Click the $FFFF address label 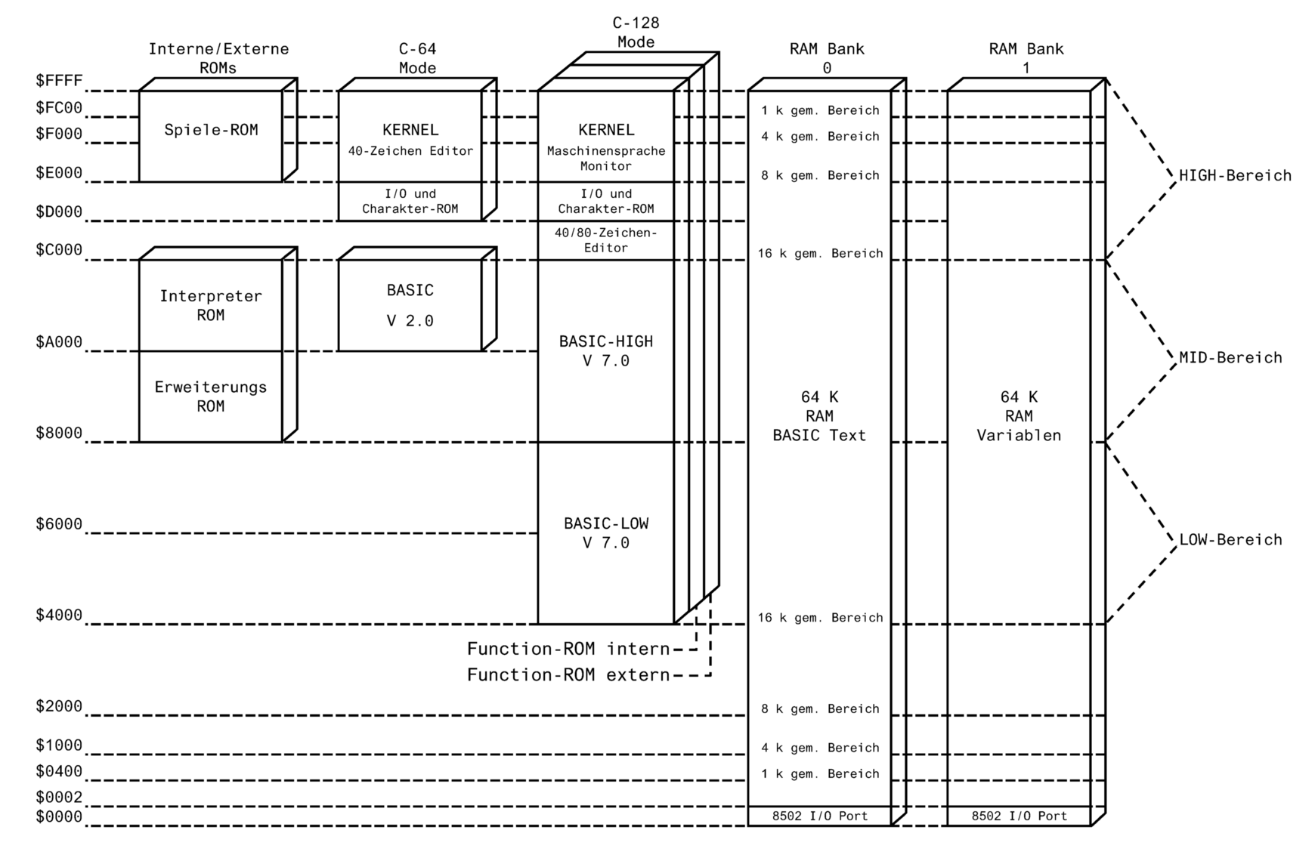tap(59, 81)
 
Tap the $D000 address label tap(59, 212)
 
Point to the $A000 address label tap(59, 342)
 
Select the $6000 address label tap(59, 524)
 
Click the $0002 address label tap(59, 798)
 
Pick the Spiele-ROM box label tap(211, 130)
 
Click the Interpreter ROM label tap(211, 305)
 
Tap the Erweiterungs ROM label tap(211, 397)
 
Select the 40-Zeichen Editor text tap(410, 151)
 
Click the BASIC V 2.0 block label tap(410, 305)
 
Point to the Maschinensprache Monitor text tap(606, 158)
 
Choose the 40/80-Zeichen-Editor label tap(606, 240)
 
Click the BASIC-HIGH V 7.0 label tap(606, 351)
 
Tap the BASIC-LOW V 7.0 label tap(606, 533)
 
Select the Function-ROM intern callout tap(568, 649)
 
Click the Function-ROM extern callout tap(568, 674)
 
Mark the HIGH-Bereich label tap(1235, 176)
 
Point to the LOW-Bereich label tap(1230, 540)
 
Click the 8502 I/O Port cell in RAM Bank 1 tap(1019, 816)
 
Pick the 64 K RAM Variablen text tap(1019, 416)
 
